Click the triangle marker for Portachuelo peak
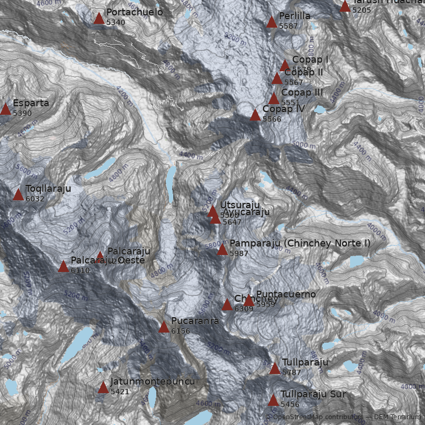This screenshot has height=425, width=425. click(99, 19)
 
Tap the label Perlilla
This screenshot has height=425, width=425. click(294, 16)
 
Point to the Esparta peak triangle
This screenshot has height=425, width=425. click(5, 109)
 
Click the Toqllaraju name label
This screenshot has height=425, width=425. click(48, 189)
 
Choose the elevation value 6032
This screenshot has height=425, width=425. click(35, 199)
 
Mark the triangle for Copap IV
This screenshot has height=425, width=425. click(255, 115)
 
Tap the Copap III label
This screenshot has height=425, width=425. click(302, 92)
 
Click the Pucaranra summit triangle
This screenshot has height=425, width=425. click(164, 327)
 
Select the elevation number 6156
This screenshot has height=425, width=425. click(181, 331)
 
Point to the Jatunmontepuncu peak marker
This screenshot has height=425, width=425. click(103, 387)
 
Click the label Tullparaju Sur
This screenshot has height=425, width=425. click(313, 394)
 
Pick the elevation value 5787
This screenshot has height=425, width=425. click(292, 372)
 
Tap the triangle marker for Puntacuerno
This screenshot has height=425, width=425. click(249, 301)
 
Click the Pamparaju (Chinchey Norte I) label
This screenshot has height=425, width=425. click(300, 243)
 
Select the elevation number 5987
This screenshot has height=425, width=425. click(239, 253)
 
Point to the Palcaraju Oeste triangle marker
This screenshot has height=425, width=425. click(63, 267)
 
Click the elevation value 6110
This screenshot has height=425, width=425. click(80, 270)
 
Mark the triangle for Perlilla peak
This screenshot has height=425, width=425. click(271, 22)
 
